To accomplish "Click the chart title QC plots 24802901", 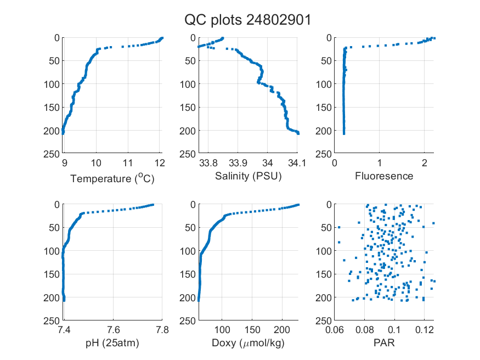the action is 247,20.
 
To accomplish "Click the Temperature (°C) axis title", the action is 112,178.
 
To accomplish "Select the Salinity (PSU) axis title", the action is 249,176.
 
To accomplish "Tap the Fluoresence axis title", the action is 384,176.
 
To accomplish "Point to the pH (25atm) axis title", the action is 112,343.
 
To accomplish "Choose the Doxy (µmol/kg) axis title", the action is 249,343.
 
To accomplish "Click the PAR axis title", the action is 384,342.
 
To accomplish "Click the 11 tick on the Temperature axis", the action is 128,163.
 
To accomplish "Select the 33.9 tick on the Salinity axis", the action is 238,163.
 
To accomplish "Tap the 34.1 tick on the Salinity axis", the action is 297,163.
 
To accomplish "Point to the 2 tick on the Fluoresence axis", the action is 424,163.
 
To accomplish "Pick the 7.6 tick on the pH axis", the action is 113,330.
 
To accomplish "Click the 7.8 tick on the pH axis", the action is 162,330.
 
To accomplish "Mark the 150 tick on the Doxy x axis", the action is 252,330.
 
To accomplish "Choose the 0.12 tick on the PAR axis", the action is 424,330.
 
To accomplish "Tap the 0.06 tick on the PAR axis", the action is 335,330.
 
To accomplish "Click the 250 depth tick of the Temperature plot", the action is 52,154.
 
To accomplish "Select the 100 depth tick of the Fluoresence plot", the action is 324,84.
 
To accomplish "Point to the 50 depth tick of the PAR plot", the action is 326,227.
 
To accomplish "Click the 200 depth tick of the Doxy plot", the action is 188,297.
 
